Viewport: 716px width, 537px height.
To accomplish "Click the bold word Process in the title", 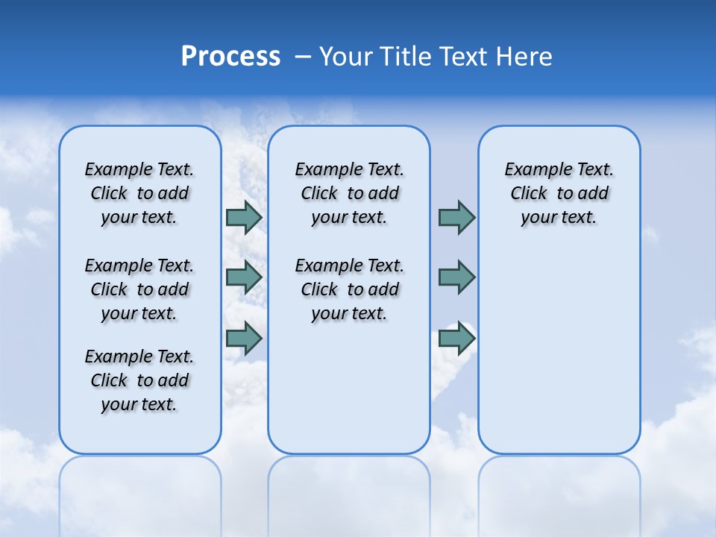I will (230, 57).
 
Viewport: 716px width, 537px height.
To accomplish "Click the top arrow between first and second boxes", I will (244, 218).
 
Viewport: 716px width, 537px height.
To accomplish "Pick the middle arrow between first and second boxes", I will (244, 277).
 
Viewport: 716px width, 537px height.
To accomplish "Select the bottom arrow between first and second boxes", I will (244, 338).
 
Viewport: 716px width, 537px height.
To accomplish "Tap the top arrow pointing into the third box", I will (456, 218).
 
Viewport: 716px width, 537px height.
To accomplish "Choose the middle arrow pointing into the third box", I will (456, 277).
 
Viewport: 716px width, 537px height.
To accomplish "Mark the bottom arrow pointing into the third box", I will (456, 338).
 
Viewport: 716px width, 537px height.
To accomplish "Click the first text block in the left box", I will (139, 193).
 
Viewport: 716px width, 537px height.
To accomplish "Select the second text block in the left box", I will (139, 289).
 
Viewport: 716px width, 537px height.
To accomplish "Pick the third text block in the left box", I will (139, 380).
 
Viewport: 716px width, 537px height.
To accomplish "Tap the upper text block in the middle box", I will (349, 193).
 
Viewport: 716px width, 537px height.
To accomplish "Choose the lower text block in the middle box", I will (349, 289).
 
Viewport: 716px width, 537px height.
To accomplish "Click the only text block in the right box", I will (559, 193).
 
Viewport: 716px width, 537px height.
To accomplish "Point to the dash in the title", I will (303, 57).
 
